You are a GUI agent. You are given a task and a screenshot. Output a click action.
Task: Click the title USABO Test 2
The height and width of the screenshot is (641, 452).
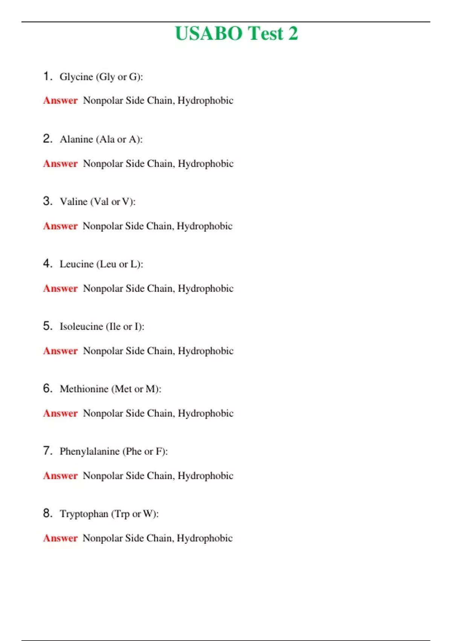coord(236,33)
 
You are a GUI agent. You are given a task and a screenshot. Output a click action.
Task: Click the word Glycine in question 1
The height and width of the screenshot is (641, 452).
coord(76,77)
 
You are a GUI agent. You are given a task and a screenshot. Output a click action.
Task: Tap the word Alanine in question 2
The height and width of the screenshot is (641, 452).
coord(76,140)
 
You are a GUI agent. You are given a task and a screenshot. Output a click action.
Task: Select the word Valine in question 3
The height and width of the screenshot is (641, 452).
coord(73,202)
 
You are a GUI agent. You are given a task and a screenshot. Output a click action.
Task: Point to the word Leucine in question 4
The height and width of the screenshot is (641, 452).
coord(76,264)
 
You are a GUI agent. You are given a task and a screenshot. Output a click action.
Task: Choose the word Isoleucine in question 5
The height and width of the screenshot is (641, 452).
coord(81,327)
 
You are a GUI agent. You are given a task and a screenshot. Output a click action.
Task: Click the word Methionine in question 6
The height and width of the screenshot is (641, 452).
coord(84,389)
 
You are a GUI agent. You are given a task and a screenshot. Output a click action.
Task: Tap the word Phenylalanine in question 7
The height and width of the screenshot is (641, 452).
coord(89,451)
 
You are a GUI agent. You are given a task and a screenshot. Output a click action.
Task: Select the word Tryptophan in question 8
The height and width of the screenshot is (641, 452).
coord(84,514)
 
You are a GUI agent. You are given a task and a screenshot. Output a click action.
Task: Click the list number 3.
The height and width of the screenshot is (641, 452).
coord(47,201)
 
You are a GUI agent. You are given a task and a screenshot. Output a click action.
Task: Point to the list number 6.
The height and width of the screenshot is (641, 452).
coord(47,388)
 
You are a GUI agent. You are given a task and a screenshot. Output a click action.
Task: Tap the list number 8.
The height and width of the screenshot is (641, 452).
coord(47,513)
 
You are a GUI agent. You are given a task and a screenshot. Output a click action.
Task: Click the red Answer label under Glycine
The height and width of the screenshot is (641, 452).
coord(60,101)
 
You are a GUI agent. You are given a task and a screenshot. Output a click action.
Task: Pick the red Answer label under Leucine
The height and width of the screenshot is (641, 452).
coord(60,288)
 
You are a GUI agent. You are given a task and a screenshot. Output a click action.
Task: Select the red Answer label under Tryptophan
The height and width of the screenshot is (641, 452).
coord(60,538)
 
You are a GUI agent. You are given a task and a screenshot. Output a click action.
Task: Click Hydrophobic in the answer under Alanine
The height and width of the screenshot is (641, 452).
coord(206,164)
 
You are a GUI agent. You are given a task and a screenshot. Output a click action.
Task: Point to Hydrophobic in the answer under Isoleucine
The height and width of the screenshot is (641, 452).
coord(206,351)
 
